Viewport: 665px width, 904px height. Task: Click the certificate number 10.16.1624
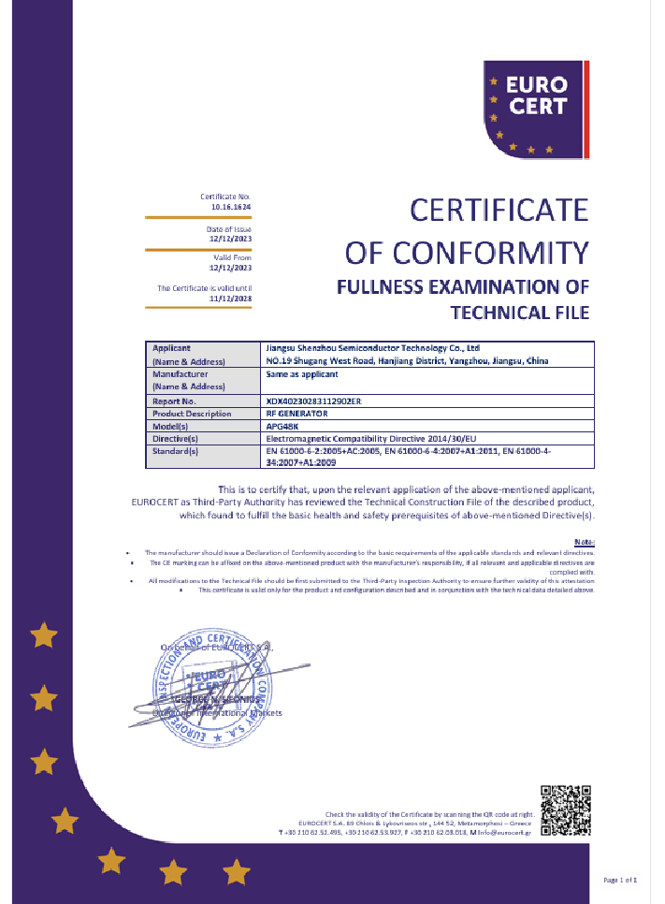(231, 206)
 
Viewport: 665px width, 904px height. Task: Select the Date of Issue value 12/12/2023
(231, 239)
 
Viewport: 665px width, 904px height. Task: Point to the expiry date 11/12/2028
(231, 299)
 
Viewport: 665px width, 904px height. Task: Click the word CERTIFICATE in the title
(499, 211)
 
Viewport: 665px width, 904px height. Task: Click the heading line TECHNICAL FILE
(520, 312)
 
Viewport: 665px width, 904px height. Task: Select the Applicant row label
(171, 348)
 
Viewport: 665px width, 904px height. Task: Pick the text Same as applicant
(298, 373)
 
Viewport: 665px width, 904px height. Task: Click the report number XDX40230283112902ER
(313, 401)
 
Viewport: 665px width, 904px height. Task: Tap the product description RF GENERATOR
(297, 413)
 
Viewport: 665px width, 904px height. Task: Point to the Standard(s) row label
(176, 451)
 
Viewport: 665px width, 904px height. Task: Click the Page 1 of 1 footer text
(620, 881)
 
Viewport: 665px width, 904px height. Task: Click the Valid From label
(233, 257)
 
